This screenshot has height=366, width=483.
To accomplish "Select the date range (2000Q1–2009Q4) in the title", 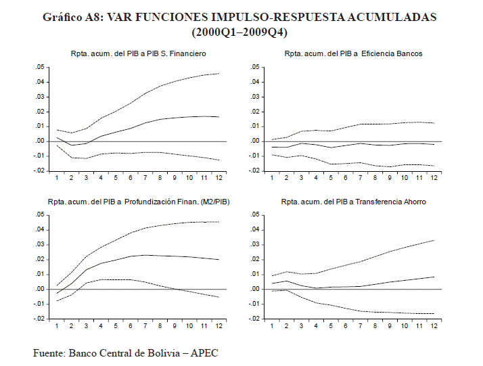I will click(x=241, y=32).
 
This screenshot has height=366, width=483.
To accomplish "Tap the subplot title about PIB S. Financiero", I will click(x=139, y=53).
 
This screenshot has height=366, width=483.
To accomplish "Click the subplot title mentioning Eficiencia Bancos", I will click(x=354, y=53).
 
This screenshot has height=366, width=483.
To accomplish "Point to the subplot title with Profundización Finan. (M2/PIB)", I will click(x=138, y=201).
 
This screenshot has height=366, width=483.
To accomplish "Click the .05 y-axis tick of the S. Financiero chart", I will click(x=40, y=67).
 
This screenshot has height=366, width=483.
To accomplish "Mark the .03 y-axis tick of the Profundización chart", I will click(x=40, y=244).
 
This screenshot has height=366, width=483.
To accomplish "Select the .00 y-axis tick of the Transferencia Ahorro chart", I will click(x=255, y=289).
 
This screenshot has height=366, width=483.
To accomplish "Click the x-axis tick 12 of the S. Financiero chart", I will click(x=218, y=178).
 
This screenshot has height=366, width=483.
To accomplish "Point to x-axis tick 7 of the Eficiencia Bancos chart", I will click(x=361, y=178).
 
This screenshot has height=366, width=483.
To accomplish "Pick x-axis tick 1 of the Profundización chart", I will click(x=57, y=325).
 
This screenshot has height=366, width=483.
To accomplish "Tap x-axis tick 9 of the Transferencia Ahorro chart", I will click(x=390, y=325).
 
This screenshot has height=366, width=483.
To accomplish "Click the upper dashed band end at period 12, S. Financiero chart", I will click(x=218, y=73).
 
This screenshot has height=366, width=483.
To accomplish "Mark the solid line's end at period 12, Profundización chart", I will click(x=218, y=260).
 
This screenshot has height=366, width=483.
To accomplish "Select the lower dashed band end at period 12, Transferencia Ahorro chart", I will click(x=434, y=313).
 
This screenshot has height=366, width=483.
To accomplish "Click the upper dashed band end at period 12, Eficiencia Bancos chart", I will click(x=434, y=123).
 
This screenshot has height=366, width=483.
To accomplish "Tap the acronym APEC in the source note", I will click(x=204, y=352).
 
